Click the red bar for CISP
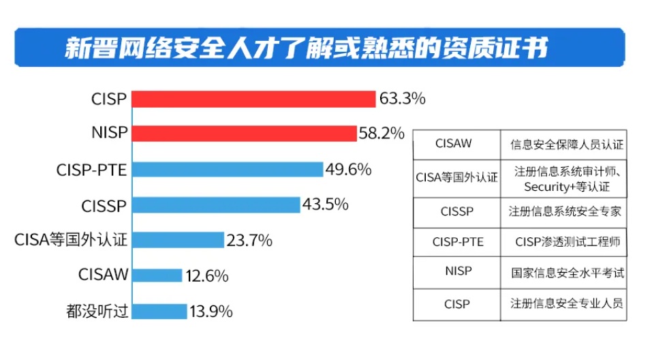(x=253, y=99)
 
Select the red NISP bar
(x=243, y=133)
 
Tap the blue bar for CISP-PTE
(x=227, y=169)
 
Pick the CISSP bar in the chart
(x=215, y=205)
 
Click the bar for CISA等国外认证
(x=177, y=240)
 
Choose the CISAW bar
(x=157, y=275)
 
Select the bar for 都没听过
(x=159, y=312)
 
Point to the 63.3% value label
(x=402, y=99)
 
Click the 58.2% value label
(x=382, y=133)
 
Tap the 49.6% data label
(x=348, y=169)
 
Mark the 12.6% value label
(x=206, y=275)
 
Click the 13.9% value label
(x=211, y=312)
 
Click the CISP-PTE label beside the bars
(x=92, y=169)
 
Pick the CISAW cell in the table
(x=457, y=143)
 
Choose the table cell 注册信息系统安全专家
(x=565, y=211)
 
